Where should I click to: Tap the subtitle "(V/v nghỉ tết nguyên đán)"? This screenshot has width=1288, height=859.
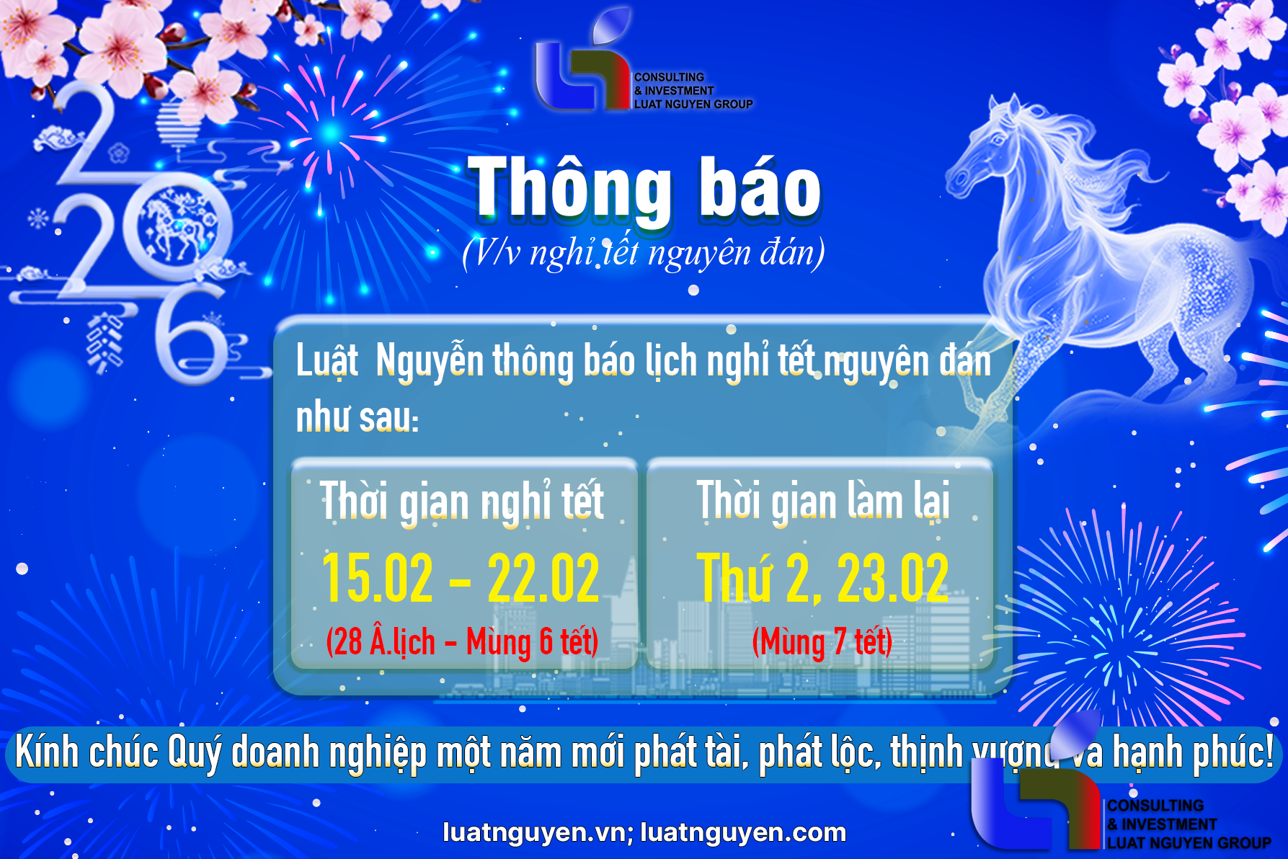[x=643, y=253]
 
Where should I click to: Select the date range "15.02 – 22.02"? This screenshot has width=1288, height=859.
[x=460, y=579]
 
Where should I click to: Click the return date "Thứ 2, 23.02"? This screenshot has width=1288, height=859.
[x=822, y=579]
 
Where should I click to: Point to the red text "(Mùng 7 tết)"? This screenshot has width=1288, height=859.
[x=822, y=641]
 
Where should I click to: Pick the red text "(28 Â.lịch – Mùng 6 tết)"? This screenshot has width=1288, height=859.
[x=461, y=641]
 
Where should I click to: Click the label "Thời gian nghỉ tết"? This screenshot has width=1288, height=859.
[x=461, y=501]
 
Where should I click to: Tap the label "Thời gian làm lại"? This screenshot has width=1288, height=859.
[x=822, y=501]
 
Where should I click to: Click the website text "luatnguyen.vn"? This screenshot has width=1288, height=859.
[x=534, y=832]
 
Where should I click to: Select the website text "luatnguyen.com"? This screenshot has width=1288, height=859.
[x=742, y=832]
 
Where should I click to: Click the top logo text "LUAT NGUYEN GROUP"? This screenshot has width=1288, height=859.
[x=693, y=104]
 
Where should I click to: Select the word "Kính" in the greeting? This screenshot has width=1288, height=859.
[x=46, y=752]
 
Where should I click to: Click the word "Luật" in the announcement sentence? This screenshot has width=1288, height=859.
[x=327, y=360]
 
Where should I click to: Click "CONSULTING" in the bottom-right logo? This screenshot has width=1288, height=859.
[x=1155, y=806]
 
